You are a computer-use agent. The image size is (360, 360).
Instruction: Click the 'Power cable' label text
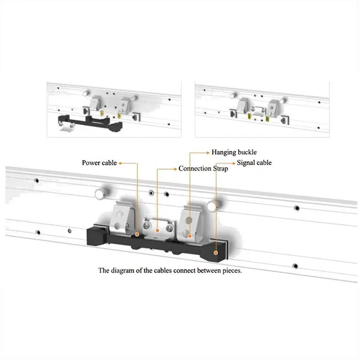pyautogui.click(x=99, y=163)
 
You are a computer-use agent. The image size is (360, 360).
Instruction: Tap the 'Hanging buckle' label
pyautogui.click(x=234, y=152)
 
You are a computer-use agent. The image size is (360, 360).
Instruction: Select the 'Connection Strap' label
pyautogui.click(x=203, y=168)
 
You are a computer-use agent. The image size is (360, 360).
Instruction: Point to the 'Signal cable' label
pyautogui.click(x=254, y=163)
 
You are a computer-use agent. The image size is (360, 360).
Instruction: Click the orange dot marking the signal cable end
pyautogui.click(x=215, y=252)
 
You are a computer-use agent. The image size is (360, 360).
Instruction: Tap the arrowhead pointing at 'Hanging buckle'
pyautogui.click(x=209, y=152)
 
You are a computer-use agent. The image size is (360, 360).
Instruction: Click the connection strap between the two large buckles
pyautogui.click(x=158, y=228)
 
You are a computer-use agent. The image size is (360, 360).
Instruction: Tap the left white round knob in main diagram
pyautogui.click(x=100, y=193)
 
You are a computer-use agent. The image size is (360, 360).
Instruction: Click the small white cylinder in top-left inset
pyautogui.click(x=66, y=130)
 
